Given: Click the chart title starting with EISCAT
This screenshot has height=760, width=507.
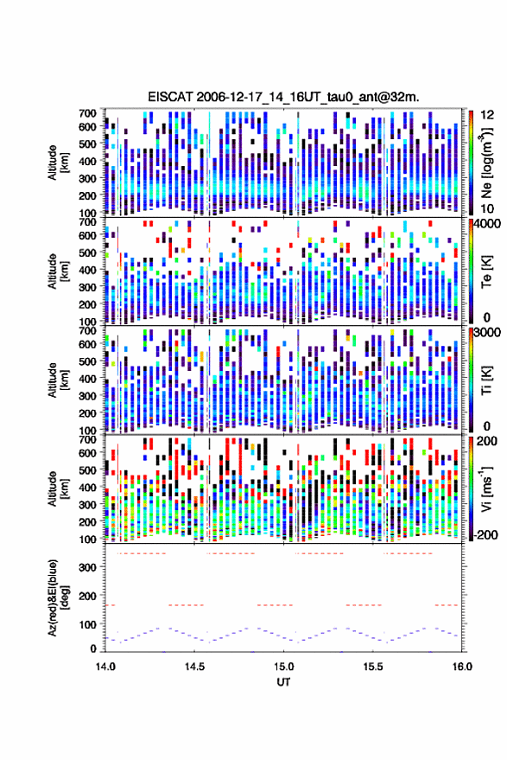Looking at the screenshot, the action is point(284,97).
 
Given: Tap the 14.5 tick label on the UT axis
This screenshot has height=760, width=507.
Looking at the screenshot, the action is point(194,667).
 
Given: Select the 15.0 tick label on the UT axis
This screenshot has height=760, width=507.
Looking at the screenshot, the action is point(284,667).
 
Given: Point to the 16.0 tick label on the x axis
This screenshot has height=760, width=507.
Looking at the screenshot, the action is point(462,667).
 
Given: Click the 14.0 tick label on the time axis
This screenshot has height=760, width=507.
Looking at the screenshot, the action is point(105,667).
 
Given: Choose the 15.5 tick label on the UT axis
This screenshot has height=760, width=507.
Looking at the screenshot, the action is point(373,667).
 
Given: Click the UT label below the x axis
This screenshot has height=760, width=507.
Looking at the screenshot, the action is point(284,682).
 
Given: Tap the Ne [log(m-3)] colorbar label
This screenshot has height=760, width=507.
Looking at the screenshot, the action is point(486,163).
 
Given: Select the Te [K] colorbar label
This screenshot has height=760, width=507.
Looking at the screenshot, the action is point(486,271).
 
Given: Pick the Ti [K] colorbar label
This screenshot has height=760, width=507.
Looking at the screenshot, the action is point(486,380).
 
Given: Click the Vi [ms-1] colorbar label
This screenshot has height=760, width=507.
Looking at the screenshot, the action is point(486,489).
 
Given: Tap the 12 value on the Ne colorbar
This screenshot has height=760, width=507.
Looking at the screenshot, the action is point(488,115).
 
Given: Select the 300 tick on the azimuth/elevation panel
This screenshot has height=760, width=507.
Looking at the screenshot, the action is point(87,567).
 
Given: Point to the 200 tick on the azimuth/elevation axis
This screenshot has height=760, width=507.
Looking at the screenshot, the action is point(87,596).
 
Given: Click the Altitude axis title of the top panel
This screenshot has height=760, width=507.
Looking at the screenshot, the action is point(59,163).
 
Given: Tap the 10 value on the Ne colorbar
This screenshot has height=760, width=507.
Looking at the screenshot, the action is point(488,208).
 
